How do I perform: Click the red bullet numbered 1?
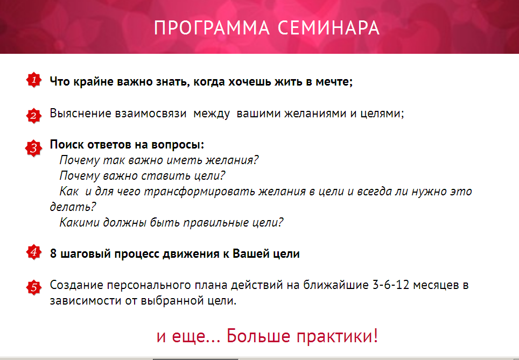[x=34, y=80]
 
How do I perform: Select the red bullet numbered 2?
[x=34, y=115]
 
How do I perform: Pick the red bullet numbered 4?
[x=34, y=252]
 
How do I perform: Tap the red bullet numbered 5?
[x=34, y=287]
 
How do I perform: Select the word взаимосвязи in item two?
[x=151, y=114]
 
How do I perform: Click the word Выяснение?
[x=80, y=114]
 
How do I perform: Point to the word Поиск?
[x=66, y=145]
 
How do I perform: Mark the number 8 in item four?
[x=53, y=254]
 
